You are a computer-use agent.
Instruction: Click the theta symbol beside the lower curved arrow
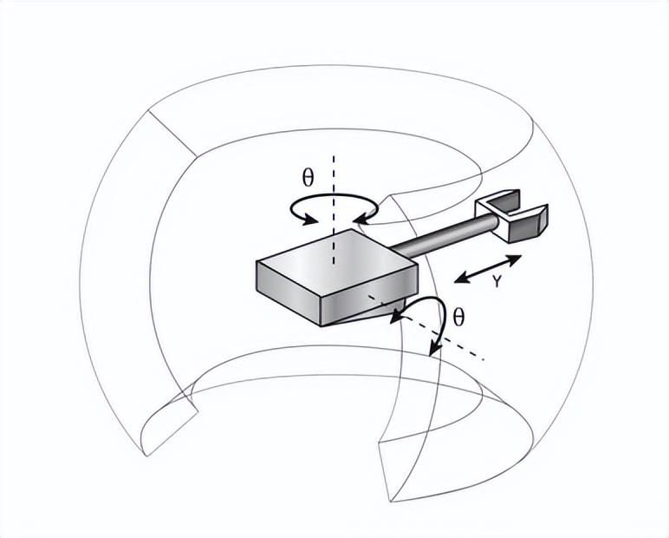tap(458, 317)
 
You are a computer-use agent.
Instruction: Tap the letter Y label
tap(497, 281)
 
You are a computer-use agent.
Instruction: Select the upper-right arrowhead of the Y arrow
tap(513, 259)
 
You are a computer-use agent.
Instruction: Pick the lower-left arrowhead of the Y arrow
tap(463, 279)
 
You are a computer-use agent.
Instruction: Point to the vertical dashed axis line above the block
tap(334, 209)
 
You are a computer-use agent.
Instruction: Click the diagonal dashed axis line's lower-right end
tap(483, 359)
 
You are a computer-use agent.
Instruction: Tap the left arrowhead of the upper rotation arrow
tap(310, 220)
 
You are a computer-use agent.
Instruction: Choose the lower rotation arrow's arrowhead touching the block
tap(398, 318)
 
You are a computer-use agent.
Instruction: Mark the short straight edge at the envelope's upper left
tap(172, 134)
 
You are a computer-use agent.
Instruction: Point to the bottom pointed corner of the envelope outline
tap(391, 502)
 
